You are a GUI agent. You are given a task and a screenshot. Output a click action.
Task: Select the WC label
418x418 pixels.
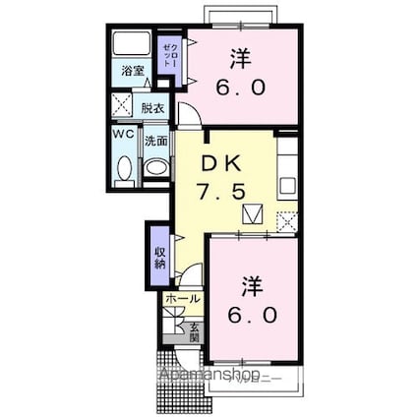[122, 133]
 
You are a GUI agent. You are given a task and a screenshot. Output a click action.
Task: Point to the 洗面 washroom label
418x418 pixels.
[155, 141]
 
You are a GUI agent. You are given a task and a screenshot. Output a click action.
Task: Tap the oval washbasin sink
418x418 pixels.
[157, 167]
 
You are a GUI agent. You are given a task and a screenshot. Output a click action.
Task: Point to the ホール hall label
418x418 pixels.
[183, 298]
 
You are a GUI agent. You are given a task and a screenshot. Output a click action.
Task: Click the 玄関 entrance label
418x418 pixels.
[195, 331]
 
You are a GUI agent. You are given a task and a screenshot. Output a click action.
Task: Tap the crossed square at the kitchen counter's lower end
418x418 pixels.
[287, 221]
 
